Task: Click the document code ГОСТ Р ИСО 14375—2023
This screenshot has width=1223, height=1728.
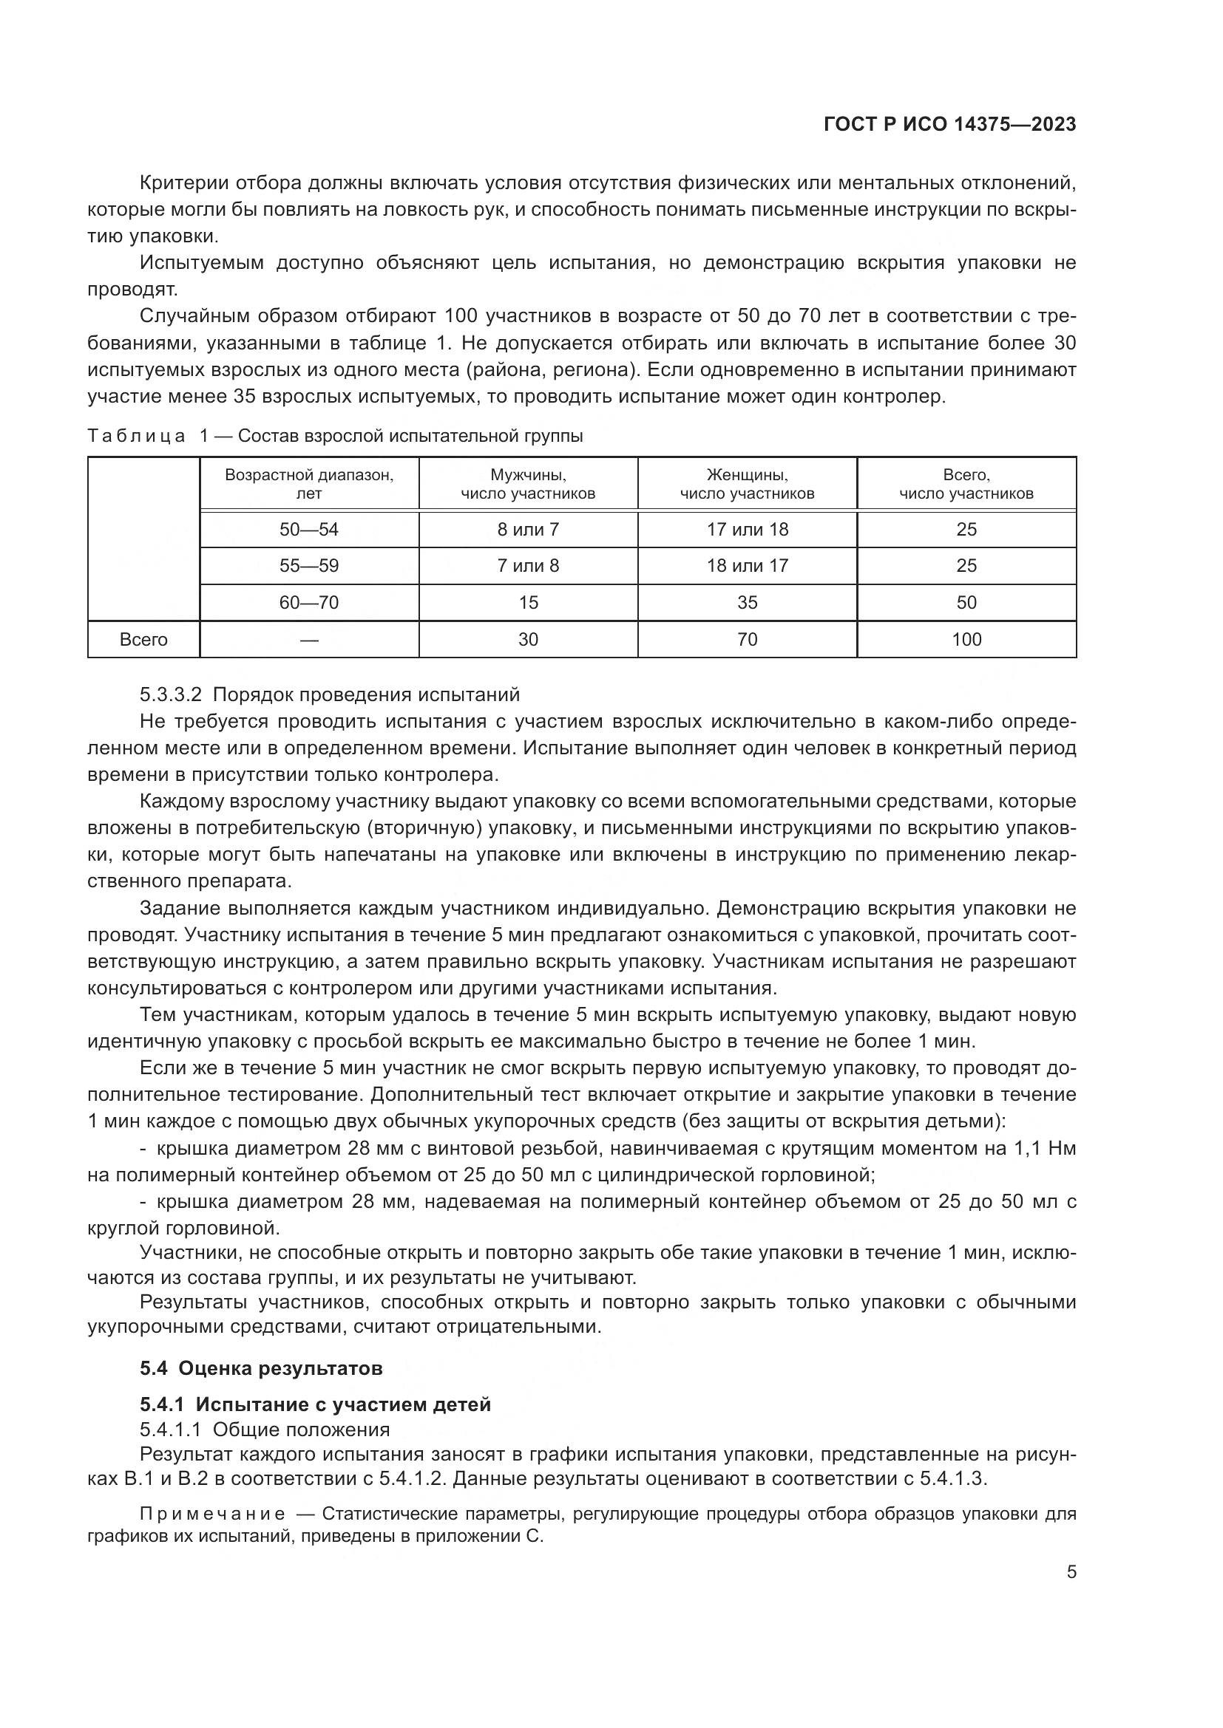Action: (x=949, y=124)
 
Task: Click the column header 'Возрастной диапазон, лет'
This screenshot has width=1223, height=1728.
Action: (x=309, y=484)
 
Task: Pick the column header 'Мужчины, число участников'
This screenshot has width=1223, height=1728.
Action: (x=528, y=484)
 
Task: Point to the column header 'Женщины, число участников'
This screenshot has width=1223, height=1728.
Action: (x=747, y=484)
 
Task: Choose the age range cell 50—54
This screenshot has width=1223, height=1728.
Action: (x=309, y=529)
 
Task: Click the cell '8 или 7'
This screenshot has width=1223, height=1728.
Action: (x=528, y=529)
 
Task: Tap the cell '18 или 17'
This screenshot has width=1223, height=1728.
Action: (x=747, y=565)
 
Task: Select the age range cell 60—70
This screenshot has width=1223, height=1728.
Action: (x=309, y=602)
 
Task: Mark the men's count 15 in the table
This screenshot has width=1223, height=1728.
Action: (x=528, y=602)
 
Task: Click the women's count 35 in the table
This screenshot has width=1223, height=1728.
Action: (x=747, y=602)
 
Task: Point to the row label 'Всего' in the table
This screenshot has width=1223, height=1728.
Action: (x=143, y=640)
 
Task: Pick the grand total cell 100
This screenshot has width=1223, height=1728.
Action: (x=966, y=640)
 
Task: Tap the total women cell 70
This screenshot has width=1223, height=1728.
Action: (x=747, y=640)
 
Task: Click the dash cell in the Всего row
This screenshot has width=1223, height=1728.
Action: (x=309, y=640)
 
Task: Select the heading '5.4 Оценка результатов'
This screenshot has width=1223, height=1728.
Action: (x=260, y=1367)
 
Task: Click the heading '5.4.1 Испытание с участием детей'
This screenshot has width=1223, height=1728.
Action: (x=315, y=1404)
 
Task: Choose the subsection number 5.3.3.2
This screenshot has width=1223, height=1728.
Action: (x=170, y=694)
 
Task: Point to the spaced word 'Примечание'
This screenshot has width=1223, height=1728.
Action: (x=212, y=1514)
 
